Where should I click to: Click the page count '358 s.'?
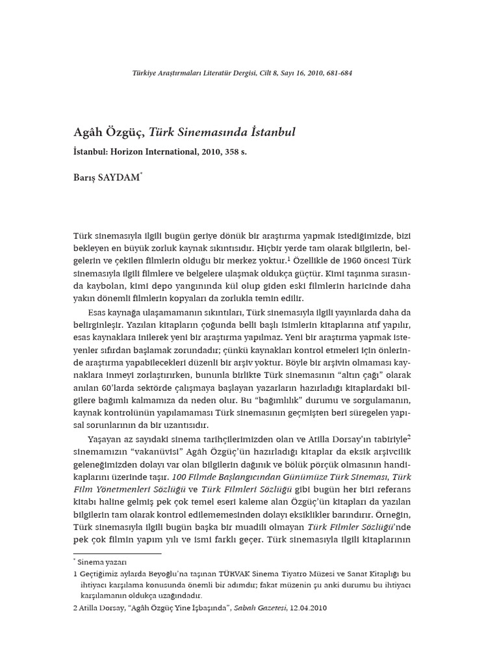(x=236, y=152)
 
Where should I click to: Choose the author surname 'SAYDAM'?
(x=118, y=178)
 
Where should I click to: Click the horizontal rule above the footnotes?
(x=117, y=554)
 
